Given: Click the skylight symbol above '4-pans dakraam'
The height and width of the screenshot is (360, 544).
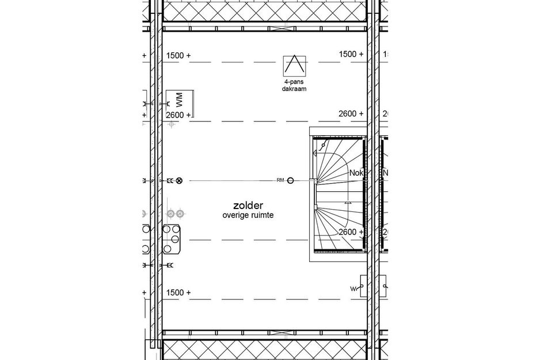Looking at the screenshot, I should [294, 66].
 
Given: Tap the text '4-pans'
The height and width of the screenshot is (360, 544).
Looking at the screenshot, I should [294, 82].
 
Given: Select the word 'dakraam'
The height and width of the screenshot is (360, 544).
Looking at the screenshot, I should [294, 90].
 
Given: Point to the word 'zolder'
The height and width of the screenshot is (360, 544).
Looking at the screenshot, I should [248, 205].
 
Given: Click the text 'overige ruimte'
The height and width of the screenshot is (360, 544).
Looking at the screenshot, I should [248, 215].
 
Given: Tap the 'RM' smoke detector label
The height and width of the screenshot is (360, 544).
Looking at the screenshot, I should [280, 181].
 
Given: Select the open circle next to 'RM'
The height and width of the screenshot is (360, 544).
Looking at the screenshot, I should [291, 181].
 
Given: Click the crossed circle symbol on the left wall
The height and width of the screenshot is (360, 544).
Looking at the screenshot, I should [179, 181].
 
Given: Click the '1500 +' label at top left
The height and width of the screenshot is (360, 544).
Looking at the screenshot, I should [178, 55].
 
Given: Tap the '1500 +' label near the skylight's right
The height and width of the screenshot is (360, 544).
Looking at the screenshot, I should [351, 54].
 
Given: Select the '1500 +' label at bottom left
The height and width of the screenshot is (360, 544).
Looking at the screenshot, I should [178, 293].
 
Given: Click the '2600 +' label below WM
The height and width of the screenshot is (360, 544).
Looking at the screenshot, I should [178, 115].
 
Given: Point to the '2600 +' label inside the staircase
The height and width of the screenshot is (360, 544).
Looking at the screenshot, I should [351, 232].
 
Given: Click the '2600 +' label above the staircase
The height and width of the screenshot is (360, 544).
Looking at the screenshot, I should [351, 114].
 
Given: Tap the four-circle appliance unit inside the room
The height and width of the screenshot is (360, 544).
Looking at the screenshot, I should [172, 238].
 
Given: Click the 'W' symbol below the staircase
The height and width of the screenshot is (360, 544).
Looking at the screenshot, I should [352, 288].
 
